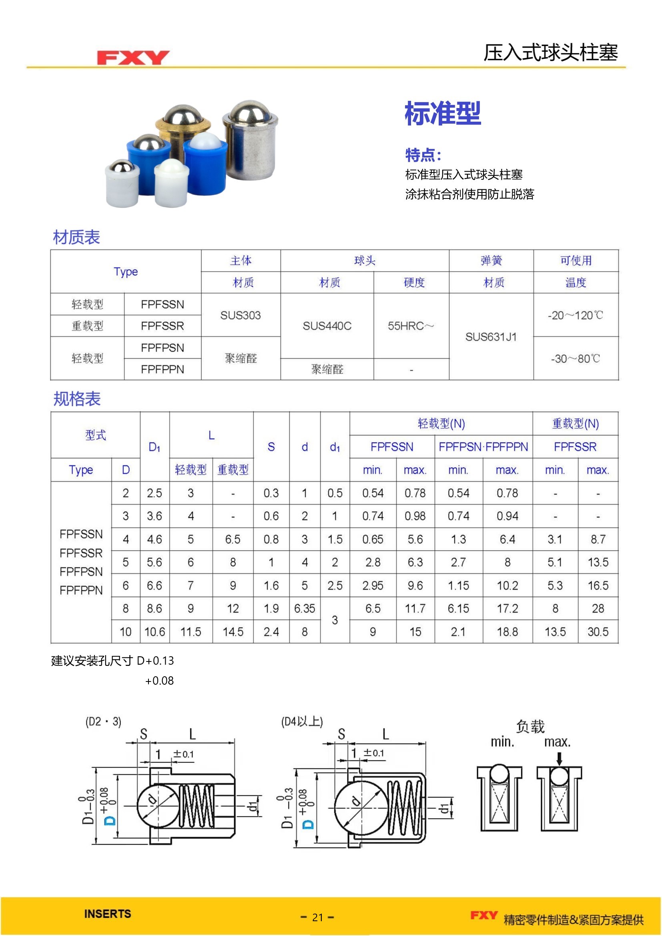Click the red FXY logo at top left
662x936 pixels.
pyautogui.click(x=133, y=58)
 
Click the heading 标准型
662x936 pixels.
pyautogui.click(x=443, y=113)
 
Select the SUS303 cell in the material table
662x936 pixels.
pyautogui.click(x=241, y=315)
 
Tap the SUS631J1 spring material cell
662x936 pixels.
pyautogui.click(x=491, y=337)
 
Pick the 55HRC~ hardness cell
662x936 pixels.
pyautogui.click(x=411, y=326)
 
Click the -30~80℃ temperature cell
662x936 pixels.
pyautogui.click(x=575, y=359)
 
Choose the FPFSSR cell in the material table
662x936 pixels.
pyautogui.click(x=162, y=326)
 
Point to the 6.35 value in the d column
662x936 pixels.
pyautogui.click(x=305, y=608)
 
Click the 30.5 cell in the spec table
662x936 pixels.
pyautogui.click(x=598, y=631)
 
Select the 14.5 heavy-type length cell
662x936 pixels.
pyautogui.click(x=233, y=631)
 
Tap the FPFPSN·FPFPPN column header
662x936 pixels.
pyautogui.click(x=483, y=447)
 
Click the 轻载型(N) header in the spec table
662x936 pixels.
pyautogui.click(x=441, y=423)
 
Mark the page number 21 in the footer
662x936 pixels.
pyautogui.click(x=317, y=917)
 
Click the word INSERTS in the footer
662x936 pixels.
pyautogui.click(x=108, y=914)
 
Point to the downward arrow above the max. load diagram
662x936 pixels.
pyautogui.click(x=559, y=759)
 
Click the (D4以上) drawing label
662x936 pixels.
pyautogui.click(x=302, y=722)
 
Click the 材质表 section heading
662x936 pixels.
pyautogui.click(x=76, y=237)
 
